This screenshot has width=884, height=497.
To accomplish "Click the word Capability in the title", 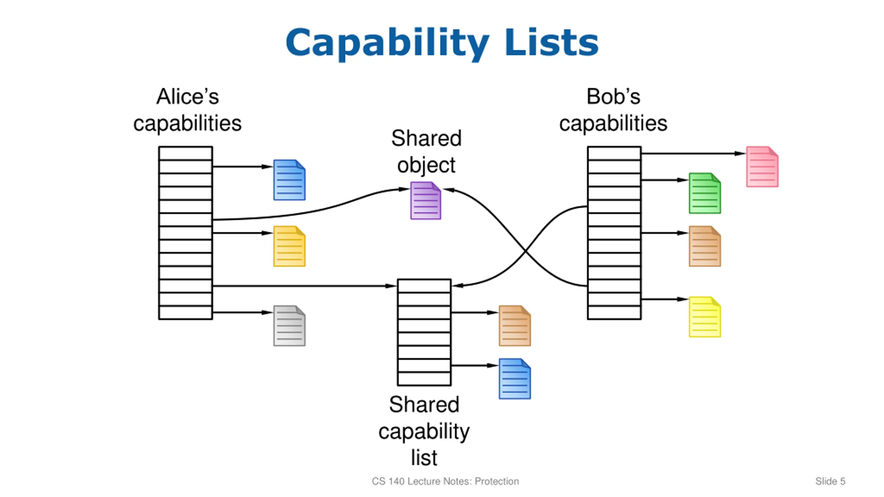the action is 387,44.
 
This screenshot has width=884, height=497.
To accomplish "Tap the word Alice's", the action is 188,96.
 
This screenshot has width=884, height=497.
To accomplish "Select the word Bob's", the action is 613,96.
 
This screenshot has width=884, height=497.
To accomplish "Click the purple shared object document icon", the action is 425,201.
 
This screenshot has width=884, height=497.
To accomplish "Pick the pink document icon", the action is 762,167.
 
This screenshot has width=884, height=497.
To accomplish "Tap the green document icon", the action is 705,193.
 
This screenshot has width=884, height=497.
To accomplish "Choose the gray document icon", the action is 289,326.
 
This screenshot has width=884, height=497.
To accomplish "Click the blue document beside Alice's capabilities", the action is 289,180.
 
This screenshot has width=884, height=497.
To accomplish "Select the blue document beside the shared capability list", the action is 515,379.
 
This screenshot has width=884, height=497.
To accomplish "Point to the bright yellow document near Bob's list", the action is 705,317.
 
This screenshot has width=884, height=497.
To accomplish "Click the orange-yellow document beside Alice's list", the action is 289,246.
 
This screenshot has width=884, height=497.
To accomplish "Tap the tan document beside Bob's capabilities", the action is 705,246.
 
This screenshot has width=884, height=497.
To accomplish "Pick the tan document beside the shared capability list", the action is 515,326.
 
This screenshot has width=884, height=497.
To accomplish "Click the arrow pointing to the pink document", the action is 693,153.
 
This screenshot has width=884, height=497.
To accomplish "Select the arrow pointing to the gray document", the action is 243,312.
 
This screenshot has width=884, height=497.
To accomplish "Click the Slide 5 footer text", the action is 830,481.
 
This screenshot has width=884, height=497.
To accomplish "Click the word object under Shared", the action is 426,166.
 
